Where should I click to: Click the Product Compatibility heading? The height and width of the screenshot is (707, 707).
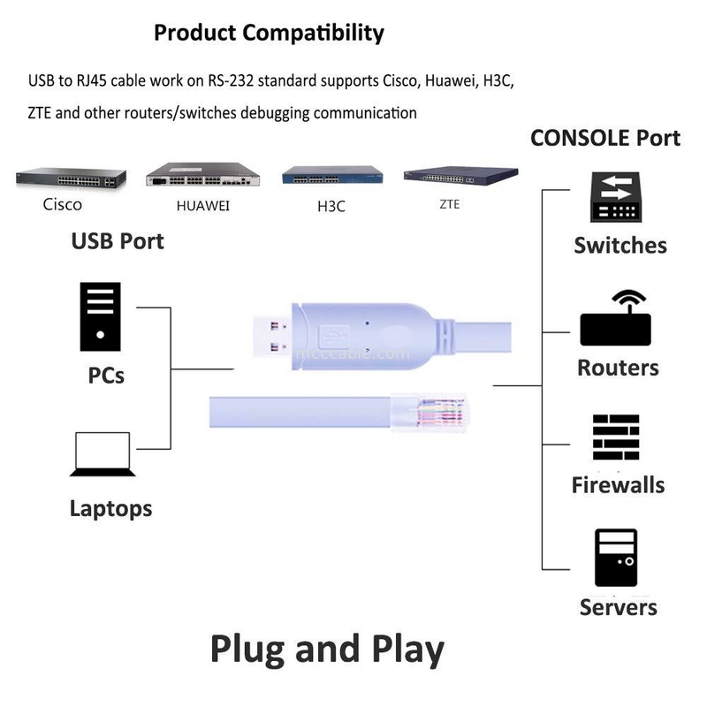[269, 34]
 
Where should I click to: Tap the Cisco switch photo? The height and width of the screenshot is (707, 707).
[67, 178]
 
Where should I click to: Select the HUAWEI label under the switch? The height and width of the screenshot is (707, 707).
[202, 206]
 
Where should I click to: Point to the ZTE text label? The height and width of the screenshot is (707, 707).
[449, 204]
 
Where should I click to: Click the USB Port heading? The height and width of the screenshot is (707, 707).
[118, 240]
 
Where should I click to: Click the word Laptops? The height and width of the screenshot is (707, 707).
[110, 509]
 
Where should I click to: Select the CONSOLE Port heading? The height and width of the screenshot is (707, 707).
[605, 138]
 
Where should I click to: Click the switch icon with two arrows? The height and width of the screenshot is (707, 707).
[616, 197]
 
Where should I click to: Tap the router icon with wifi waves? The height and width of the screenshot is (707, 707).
[615, 319]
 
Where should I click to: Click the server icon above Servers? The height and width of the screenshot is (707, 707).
[616, 559]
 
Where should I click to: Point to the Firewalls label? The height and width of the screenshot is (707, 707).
[618, 484]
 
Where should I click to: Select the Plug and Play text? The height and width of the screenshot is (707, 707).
[327, 650]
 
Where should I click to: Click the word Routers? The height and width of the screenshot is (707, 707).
[618, 368]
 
